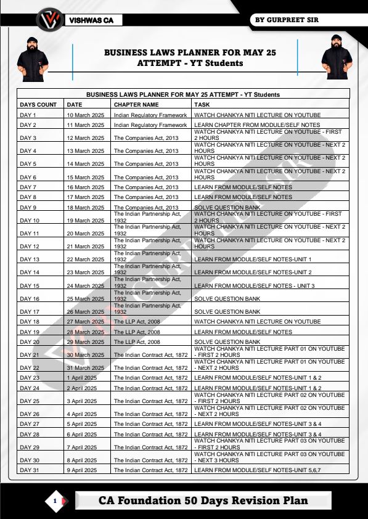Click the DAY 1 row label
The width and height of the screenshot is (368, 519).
click(28, 115)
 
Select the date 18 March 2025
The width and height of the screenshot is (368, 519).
click(86, 208)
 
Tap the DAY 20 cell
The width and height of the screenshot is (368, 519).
click(30, 341)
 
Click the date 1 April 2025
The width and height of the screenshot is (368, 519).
click(82, 377)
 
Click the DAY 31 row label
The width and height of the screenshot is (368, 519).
click(30, 470)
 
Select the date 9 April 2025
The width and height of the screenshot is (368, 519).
click(82, 470)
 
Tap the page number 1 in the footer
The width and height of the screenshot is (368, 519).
click(55, 501)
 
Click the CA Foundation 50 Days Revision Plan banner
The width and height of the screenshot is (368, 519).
click(203, 501)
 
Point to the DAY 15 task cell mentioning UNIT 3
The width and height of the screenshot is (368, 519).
click(254, 286)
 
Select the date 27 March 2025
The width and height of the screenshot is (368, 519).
click(86, 322)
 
